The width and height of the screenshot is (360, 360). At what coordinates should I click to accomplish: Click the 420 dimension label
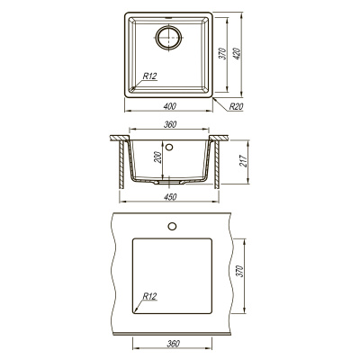[x=237, y=53]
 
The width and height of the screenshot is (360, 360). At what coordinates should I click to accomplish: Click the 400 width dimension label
[x=170, y=106]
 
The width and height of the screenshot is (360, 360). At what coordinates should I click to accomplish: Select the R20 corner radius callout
[x=236, y=106]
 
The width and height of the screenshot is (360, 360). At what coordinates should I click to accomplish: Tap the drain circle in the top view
[x=169, y=38]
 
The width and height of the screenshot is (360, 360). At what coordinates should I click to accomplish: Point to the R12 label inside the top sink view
[x=149, y=76]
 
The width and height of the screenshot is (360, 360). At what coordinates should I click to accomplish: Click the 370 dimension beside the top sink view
[x=222, y=53]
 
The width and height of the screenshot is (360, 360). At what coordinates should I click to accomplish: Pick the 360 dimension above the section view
[x=170, y=124]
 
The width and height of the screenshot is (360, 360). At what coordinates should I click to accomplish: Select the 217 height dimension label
[x=244, y=161]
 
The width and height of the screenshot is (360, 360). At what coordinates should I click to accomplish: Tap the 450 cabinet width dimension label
[x=170, y=197]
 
